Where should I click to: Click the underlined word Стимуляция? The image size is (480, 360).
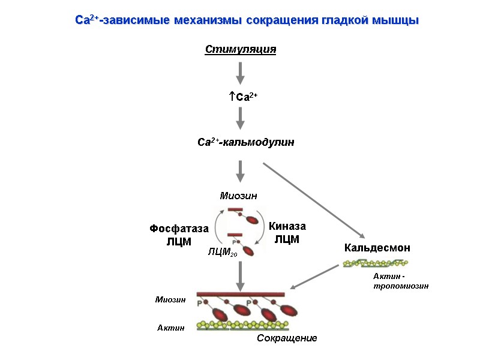pyautogui.click(x=240, y=49)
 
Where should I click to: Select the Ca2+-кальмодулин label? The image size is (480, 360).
pyautogui.click(x=245, y=143)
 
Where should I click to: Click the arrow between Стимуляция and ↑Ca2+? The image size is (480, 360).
pyautogui.click(x=240, y=73)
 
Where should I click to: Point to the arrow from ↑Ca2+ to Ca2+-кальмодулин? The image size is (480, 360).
pyautogui.click(x=240, y=118)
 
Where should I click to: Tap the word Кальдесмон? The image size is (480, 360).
pyautogui.click(x=377, y=247)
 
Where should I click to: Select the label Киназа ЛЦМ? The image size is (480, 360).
pyautogui.click(x=287, y=233)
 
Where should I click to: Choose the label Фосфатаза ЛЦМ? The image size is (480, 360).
pyautogui.click(x=178, y=235)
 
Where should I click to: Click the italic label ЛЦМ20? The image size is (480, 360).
pyautogui.click(x=222, y=253)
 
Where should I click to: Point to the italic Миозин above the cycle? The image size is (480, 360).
pyautogui.click(x=238, y=196)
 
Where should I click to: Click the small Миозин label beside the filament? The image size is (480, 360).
pyautogui.click(x=170, y=299)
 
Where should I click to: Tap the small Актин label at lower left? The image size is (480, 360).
pyautogui.click(x=170, y=328)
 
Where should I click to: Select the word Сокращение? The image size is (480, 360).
pyautogui.click(x=287, y=339)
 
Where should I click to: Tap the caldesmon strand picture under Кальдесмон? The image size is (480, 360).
pyautogui.click(x=376, y=263)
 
